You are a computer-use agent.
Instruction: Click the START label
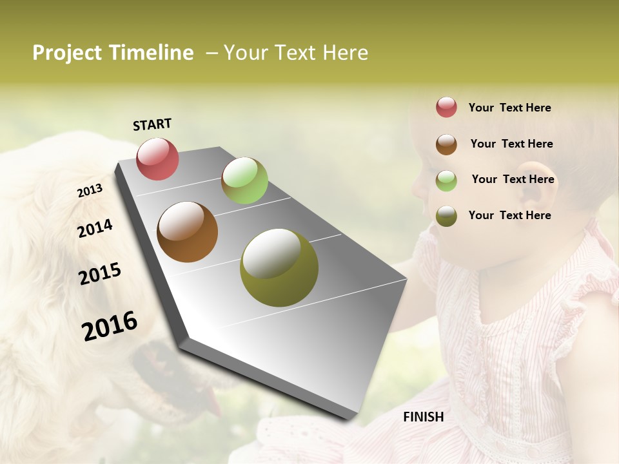pyautogui.click(x=152, y=124)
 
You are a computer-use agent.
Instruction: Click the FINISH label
pyautogui.click(x=424, y=417)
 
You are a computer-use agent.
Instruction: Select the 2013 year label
pyautogui.click(x=90, y=190)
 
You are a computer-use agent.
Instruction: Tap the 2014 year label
pyautogui.click(x=95, y=228)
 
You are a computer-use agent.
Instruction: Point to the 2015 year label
pyautogui.click(x=100, y=274)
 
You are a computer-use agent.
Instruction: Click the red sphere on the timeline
pyautogui.click(x=157, y=159)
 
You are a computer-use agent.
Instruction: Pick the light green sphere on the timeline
pyautogui.click(x=244, y=180)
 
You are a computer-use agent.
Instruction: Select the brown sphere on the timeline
pyautogui.click(x=187, y=232)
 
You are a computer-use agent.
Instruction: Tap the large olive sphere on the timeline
pyautogui.click(x=279, y=267)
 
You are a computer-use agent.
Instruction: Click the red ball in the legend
pyautogui.click(x=446, y=107)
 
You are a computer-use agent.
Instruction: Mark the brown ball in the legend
pyautogui.click(x=446, y=144)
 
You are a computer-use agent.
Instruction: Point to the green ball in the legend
pyautogui.click(x=446, y=180)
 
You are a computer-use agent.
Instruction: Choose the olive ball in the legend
pyautogui.click(x=446, y=216)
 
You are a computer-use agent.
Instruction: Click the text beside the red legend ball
pyautogui.click(x=509, y=108)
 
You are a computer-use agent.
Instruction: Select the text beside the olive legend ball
pyautogui.click(x=509, y=215)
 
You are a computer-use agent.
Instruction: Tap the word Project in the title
pyautogui.click(x=68, y=53)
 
